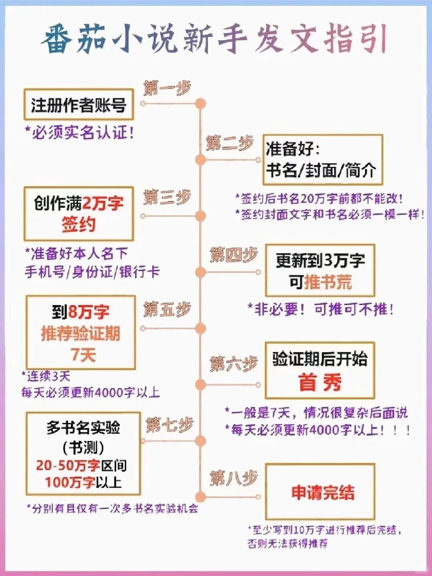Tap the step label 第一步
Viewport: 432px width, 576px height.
(167, 88)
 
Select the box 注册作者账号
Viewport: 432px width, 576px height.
(78, 105)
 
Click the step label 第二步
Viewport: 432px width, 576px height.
(230, 143)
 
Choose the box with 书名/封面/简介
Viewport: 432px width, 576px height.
(322, 160)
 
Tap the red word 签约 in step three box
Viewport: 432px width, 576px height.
(78, 224)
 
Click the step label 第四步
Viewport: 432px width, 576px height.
(234, 255)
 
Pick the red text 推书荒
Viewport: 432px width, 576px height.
(328, 282)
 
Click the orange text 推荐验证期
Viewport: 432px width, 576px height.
(80, 333)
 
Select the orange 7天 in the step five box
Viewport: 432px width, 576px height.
(83, 354)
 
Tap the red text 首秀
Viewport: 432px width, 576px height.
(320, 382)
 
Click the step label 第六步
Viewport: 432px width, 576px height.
(234, 364)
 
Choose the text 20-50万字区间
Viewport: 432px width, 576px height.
(81, 465)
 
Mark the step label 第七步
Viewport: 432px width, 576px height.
(170, 425)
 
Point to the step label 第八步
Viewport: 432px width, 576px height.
(234, 478)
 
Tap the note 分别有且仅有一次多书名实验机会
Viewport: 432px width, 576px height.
(112, 509)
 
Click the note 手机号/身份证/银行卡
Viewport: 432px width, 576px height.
(92, 272)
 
